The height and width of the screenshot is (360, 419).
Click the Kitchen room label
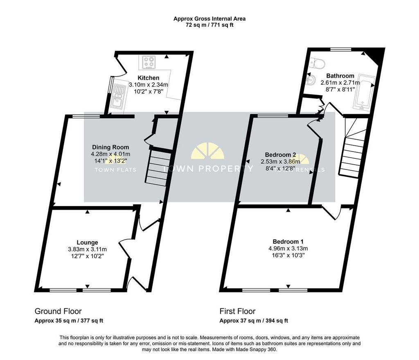(148, 78)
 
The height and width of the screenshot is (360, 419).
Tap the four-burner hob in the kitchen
(148, 62)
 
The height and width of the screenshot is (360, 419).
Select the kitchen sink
(117, 97)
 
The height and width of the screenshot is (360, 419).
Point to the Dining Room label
(110, 147)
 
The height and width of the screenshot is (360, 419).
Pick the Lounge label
(88, 242)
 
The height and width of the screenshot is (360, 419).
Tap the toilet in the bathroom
(317, 63)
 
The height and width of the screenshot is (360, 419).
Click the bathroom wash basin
(311, 79)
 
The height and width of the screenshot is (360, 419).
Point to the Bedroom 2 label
(280, 154)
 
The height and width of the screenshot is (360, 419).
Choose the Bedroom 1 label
(288, 242)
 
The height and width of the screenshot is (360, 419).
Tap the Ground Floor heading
(58, 311)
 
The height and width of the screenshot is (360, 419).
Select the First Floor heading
(238, 311)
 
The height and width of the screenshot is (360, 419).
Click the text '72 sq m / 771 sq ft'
(209, 25)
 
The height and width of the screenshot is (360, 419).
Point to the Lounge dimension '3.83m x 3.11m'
(88, 249)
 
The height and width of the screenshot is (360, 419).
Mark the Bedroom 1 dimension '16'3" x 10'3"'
(288, 255)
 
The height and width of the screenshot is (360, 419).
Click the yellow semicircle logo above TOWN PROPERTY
(207, 151)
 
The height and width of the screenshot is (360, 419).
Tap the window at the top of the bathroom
(341, 49)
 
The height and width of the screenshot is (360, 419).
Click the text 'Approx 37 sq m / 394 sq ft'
(254, 321)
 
